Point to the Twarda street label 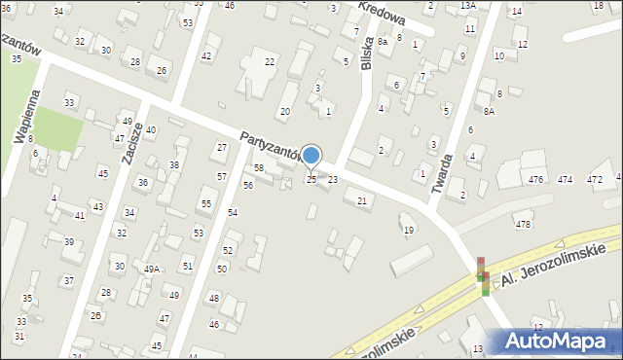(446, 175)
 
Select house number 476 (535, 180)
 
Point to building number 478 (523, 225)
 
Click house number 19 (409, 230)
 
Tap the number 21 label (362, 200)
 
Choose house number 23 (333, 180)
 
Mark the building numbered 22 (270, 62)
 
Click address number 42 (205, 56)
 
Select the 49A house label (152, 270)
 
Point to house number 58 (259, 168)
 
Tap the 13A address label (468, 6)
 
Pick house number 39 (68, 241)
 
